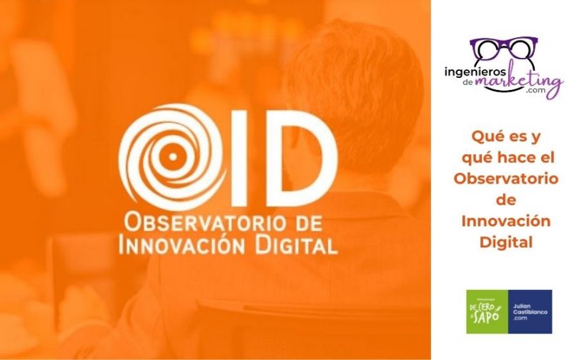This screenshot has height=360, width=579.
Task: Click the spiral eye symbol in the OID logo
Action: (173, 156)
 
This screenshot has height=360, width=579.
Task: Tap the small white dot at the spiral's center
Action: (172, 156)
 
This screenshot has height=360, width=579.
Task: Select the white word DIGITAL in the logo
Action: (297, 244)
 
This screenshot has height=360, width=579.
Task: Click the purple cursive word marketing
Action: (520, 82)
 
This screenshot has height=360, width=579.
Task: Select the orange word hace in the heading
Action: (514, 158)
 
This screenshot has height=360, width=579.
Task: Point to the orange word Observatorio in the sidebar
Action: (505, 179)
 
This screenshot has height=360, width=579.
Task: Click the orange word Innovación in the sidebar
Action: (506, 221)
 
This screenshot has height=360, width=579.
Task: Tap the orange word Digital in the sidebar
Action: (506, 243)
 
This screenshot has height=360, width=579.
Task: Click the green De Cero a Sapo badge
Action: (487, 311)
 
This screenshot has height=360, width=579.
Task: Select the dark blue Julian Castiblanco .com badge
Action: (530, 311)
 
